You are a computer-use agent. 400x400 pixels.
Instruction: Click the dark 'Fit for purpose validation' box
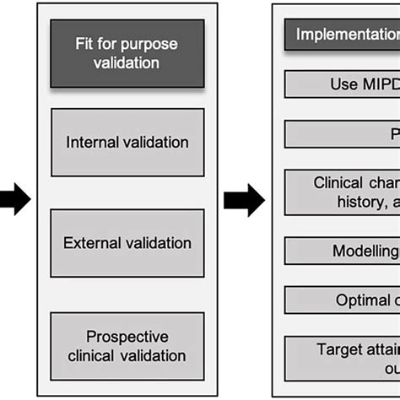(127, 53)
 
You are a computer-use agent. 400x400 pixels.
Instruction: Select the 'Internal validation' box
(127, 142)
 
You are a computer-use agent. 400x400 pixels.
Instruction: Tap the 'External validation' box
(127, 243)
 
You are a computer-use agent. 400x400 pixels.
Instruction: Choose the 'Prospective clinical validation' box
(127, 345)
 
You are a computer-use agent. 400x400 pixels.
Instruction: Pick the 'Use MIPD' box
(342, 84)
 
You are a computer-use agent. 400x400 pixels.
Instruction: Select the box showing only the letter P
(342, 134)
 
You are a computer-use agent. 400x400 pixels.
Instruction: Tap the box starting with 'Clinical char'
(342, 192)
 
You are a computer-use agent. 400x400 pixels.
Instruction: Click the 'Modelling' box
(342, 251)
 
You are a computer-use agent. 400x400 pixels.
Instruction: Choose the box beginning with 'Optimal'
(342, 300)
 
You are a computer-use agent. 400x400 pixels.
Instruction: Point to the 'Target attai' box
(342, 358)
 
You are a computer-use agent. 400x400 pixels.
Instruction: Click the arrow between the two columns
(244, 200)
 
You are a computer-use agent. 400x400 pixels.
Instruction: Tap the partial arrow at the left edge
(14, 200)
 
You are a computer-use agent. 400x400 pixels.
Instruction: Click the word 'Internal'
(95, 142)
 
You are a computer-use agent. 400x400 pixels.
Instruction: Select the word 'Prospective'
(127, 336)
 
